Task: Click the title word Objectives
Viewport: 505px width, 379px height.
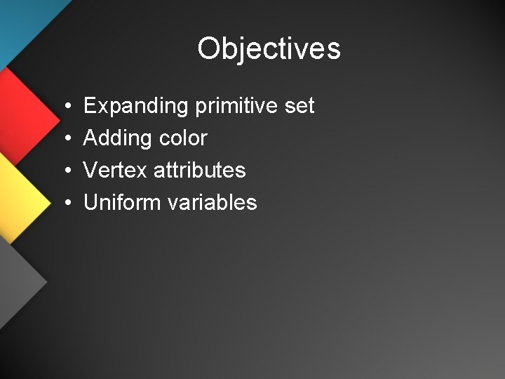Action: coord(269,49)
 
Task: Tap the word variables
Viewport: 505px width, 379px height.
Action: coord(213,202)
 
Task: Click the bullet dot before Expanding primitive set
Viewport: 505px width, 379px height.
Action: coord(65,107)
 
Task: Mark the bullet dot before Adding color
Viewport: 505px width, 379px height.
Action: coord(65,139)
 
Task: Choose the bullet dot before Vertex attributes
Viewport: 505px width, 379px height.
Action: coord(65,171)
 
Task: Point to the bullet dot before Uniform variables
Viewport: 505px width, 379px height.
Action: coord(65,203)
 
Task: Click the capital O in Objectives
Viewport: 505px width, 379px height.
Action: coord(209,48)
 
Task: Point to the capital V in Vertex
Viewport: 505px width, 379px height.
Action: coord(91,170)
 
